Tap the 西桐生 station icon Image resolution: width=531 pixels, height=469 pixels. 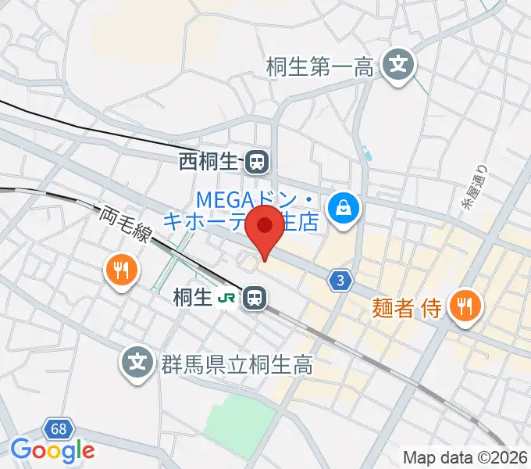pyautogui.click(x=256, y=163)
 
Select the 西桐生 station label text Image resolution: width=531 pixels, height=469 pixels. pyautogui.click(x=208, y=163)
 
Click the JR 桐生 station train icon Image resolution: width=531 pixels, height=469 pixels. pyautogui.click(x=253, y=297)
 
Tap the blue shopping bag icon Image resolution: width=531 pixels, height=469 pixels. pyautogui.click(x=342, y=208)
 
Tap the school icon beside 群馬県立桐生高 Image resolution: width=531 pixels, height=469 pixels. pyautogui.click(x=137, y=363)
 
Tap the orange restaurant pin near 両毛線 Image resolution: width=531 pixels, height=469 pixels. pyautogui.click(x=120, y=271)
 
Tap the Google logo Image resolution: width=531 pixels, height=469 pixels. pyautogui.click(x=52, y=450)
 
